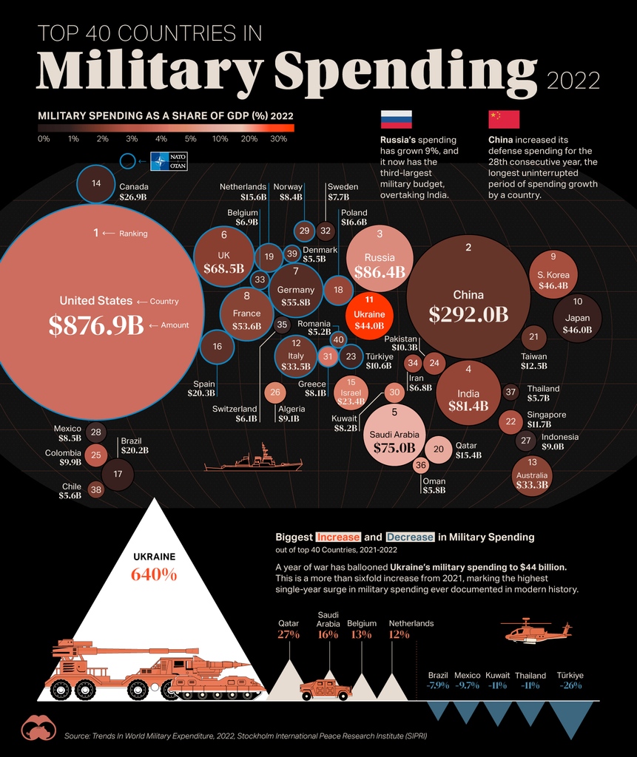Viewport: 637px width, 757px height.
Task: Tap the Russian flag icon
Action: [396, 120]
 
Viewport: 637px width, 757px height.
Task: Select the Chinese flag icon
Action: [504, 120]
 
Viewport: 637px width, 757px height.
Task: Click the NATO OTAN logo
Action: [169, 161]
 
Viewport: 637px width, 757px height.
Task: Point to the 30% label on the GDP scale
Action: [279, 139]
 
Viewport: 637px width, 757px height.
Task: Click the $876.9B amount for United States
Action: [95, 325]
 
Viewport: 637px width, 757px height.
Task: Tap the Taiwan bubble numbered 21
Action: [533, 338]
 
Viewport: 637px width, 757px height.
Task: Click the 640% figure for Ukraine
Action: [154, 574]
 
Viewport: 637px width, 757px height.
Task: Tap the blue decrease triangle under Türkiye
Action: [570, 718]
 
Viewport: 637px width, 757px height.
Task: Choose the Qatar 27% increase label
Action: [289, 634]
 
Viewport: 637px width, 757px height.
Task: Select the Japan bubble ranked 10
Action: [577, 319]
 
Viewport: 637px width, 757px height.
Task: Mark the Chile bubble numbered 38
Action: [95, 489]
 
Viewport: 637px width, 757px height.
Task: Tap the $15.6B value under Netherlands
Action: [253, 197]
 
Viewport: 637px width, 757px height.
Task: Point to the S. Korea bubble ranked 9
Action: [553, 275]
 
